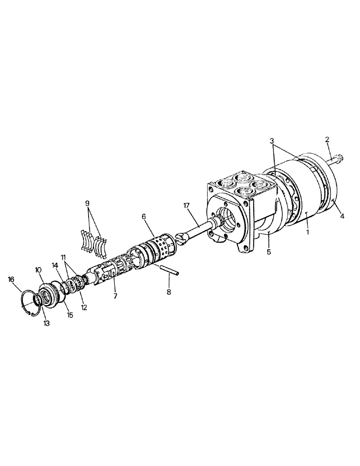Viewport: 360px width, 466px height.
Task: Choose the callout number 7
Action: tap(115, 296)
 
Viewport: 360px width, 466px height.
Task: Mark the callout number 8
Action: tap(169, 293)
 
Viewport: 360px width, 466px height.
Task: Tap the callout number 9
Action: tap(87, 203)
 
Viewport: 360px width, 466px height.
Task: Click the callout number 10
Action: tap(39, 270)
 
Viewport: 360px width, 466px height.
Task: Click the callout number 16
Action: tap(11, 279)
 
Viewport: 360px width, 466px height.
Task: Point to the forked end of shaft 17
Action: tap(182, 238)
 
